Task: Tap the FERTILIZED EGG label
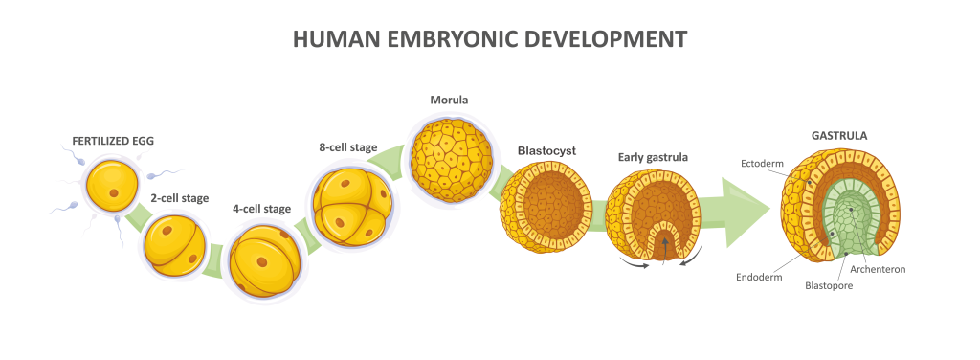pos(113,142)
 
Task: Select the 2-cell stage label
pos(179,199)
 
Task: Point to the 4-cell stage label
pos(261,209)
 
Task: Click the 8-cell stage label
pos(347,148)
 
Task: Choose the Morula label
pos(450,100)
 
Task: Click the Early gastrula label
pos(653,157)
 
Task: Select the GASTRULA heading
pos(839,136)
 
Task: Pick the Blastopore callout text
pos(829,286)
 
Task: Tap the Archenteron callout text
pos(878,269)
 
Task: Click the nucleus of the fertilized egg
pos(114,192)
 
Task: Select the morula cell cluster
pos(450,153)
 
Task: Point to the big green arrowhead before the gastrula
pos(746,213)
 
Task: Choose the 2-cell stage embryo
pos(175,246)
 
